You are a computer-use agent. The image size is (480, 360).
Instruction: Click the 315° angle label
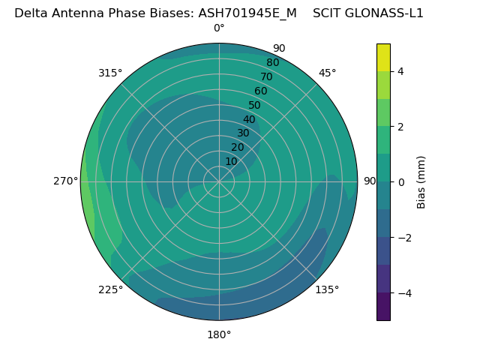pos(110,73)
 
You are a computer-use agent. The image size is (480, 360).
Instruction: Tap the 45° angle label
pos(327,73)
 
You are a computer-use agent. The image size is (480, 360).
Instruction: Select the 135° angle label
pos(327,289)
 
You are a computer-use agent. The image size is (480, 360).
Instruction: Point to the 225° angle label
pos(110,289)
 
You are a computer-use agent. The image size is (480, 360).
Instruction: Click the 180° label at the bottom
pos(219,334)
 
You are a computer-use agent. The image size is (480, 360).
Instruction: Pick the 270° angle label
pos(65,181)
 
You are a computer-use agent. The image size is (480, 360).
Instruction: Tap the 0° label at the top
pos(219,28)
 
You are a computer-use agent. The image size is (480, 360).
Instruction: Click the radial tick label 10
pos(231,161)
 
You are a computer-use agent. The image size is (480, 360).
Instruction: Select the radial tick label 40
pos(249,119)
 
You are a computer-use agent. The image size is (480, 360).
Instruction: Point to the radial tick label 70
pos(267,76)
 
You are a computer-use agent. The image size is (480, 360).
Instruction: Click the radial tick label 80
pos(272,62)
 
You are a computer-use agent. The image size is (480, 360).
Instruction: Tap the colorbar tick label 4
pos(401,71)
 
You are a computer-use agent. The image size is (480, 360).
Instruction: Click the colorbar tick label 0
pos(401,182)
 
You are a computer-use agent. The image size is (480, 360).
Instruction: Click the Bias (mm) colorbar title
pos(421,182)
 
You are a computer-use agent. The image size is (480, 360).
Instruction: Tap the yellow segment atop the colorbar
pos(383,57)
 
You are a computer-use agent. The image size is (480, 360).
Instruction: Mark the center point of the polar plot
pos(219,181)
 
